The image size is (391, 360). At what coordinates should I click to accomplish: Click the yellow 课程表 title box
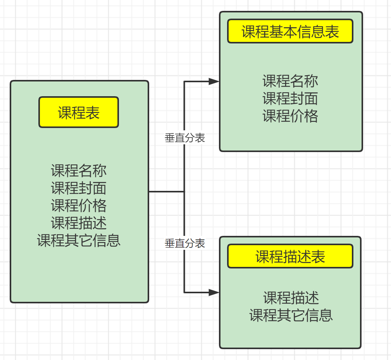coord(79,112)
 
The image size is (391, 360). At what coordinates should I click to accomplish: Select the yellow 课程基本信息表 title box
coord(290,31)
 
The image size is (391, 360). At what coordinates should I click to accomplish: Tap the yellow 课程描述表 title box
coord(290,256)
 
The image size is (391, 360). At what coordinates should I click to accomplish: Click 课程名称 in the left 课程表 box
coord(79,170)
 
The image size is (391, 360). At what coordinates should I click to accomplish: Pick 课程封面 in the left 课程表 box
coord(79,188)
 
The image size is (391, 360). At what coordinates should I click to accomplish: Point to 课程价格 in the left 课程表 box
coord(79,205)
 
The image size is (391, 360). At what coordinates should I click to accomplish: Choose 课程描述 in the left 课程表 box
coord(79,223)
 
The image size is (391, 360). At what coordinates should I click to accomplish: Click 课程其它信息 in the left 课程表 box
coord(79,240)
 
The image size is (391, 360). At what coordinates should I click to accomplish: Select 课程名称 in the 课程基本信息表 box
coord(290,81)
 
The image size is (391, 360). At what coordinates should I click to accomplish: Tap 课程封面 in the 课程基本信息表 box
coord(290,99)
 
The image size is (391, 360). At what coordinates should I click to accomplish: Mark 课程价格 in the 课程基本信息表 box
coord(290,116)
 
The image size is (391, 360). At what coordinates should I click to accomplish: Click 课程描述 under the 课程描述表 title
coord(291,298)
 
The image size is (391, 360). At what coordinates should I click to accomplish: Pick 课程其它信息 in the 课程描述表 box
coord(291,315)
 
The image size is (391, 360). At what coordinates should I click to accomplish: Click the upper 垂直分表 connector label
coord(185,138)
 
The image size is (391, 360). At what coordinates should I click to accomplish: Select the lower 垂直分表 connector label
coord(185,243)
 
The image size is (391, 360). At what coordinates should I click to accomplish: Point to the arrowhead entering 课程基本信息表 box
coord(214,81)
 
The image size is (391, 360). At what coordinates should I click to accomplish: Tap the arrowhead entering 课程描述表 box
coord(214,292)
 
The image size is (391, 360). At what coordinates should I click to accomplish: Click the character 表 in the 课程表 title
coord(93,112)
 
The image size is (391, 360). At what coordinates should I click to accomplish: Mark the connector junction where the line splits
coord(184,191)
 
